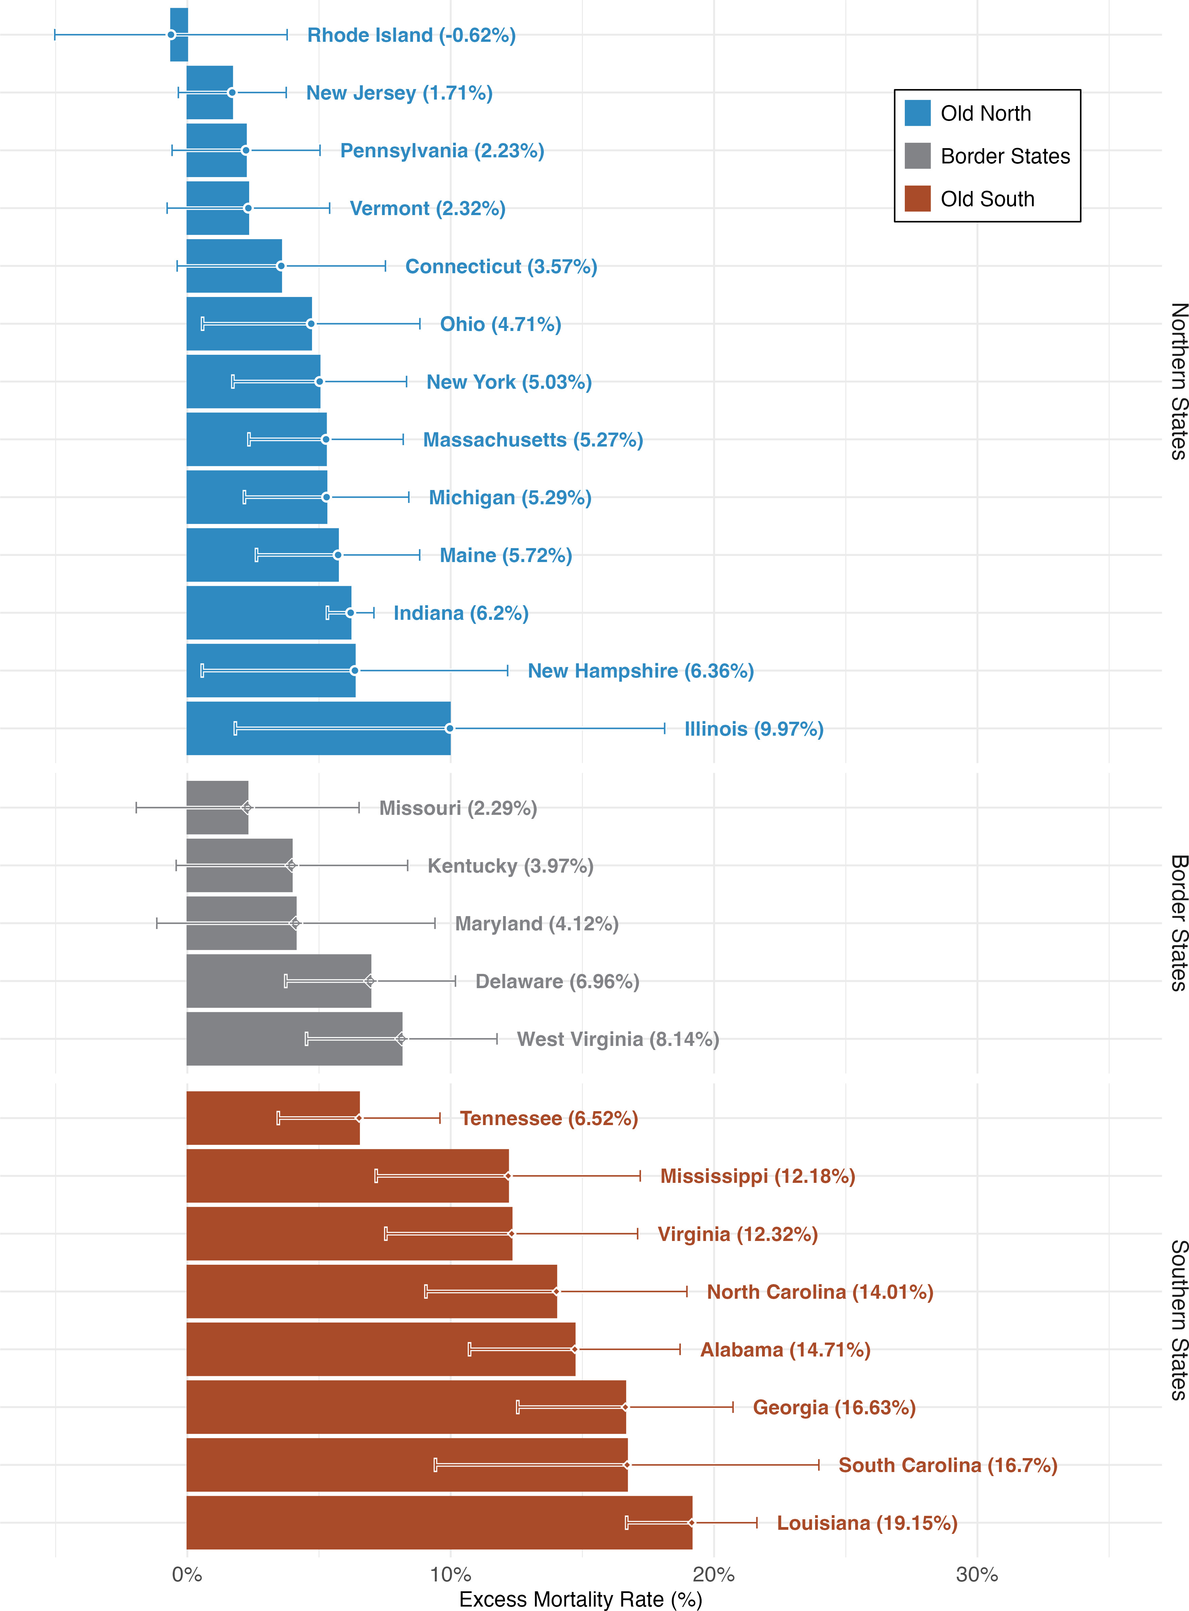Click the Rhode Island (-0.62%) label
(x=411, y=35)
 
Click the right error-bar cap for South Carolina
(x=818, y=1465)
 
